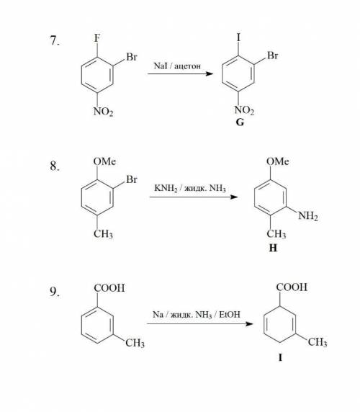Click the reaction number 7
55,40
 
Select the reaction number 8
55,166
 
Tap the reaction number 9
55,292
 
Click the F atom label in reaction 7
97,38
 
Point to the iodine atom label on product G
238,37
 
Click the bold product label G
240,122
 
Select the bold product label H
273,248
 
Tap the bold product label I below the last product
280,357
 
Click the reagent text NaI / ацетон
177,66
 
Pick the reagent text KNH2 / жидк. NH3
190,188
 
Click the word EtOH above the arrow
230,314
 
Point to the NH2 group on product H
308,216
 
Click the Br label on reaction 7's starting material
132,57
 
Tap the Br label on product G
273,55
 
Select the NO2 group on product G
244,110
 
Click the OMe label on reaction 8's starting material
104,161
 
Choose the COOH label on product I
292,287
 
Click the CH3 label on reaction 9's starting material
135,343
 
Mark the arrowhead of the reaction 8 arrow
234,197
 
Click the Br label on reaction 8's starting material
132,179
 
